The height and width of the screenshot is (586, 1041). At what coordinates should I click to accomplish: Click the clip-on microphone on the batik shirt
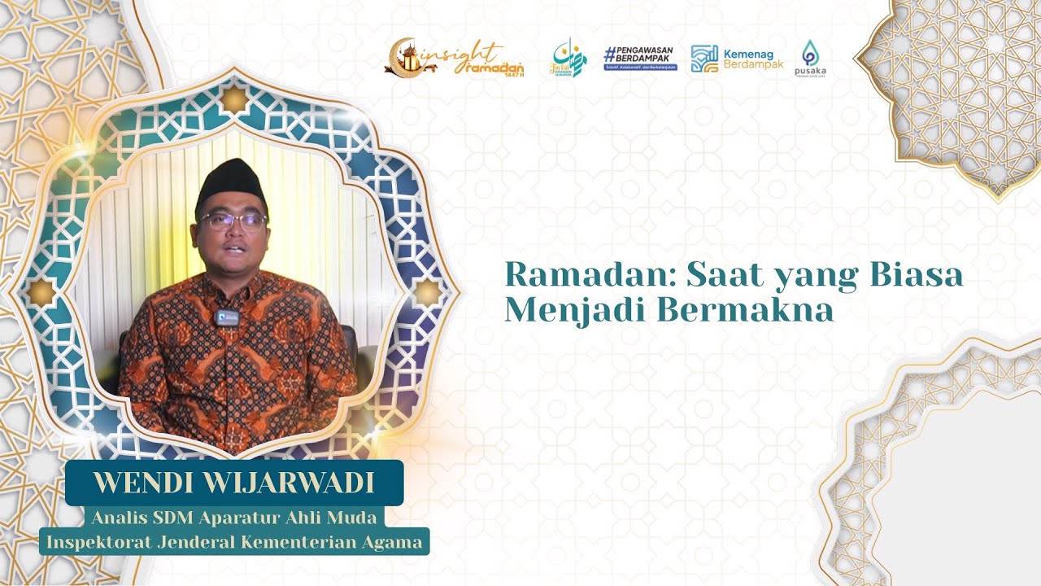(229, 317)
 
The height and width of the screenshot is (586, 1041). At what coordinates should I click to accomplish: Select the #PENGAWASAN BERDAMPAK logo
(640, 58)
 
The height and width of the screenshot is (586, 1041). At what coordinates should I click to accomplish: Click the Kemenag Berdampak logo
(736, 58)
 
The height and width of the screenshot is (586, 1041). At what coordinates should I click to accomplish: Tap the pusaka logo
(811, 58)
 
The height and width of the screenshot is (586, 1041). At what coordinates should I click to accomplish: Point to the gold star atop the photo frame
(234, 99)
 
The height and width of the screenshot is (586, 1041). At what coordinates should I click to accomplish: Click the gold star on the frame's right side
(427, 292)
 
